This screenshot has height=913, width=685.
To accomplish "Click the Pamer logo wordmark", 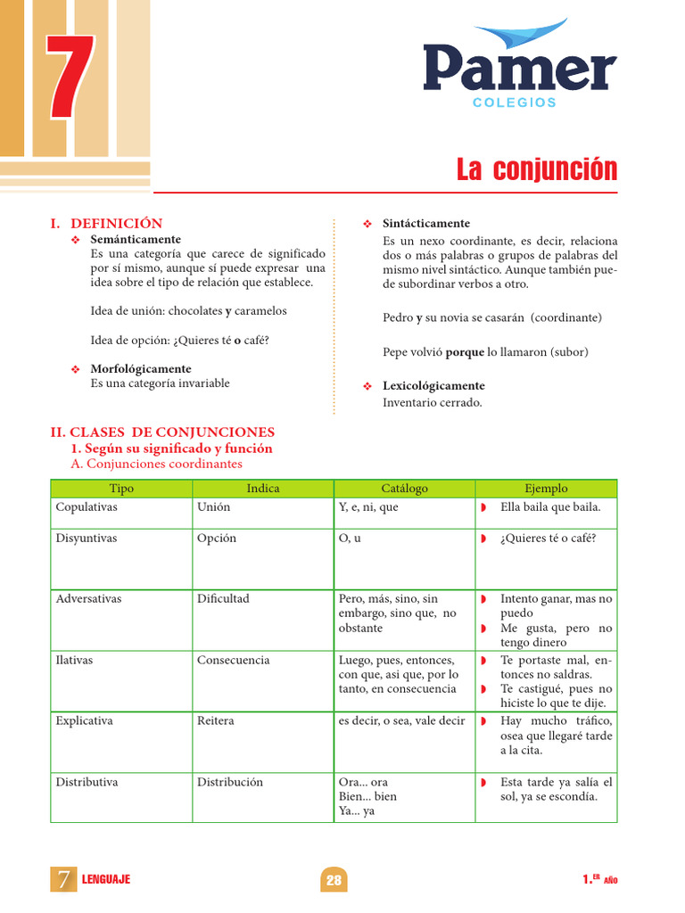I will [519, 70].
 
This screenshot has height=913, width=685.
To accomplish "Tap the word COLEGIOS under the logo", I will [515, 103].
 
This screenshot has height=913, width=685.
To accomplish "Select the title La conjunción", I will [536, 169].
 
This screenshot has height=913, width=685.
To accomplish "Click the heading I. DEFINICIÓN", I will [106, 224].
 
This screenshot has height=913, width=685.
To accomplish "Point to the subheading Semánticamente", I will [136, 239].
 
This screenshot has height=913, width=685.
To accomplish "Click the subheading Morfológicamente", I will [141, 368].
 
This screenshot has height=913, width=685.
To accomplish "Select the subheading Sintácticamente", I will [425, 223].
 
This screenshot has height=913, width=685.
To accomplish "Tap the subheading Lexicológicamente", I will [433, 386].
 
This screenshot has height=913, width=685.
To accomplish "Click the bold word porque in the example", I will [465, 352].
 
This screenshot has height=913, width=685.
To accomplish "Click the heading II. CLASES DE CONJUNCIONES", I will [162, 432].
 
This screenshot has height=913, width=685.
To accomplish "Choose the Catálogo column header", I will [404, 489].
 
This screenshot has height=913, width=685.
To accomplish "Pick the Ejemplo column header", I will [546, 489].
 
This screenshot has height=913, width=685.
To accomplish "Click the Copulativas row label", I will [87, 506].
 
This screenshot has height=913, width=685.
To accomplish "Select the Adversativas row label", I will [88, 598].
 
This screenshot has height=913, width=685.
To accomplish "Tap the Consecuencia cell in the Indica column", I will [233, 660].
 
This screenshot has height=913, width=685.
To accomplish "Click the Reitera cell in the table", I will [216, 720].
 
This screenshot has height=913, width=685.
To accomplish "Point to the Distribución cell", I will [230, 782].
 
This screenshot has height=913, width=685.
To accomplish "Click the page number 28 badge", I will [334, 880].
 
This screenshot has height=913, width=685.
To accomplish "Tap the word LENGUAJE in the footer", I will [105, 880].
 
